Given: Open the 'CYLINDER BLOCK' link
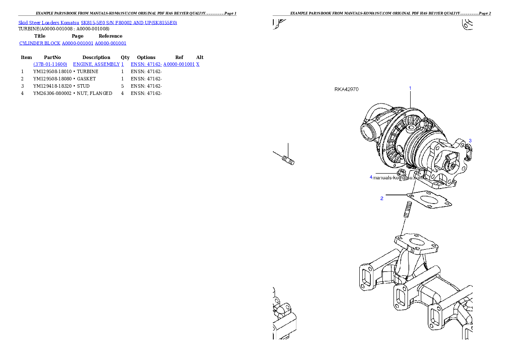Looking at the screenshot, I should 40,43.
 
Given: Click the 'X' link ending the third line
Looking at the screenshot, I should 198,64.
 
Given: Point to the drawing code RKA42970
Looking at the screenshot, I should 346,89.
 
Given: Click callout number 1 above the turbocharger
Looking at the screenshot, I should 410,89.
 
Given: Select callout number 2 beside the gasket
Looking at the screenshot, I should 382,198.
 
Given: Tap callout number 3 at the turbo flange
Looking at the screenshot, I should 470,141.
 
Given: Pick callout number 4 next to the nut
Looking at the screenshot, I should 371,177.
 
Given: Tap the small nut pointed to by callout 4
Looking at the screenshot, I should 401,173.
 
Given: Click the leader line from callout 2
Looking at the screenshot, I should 396,195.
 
